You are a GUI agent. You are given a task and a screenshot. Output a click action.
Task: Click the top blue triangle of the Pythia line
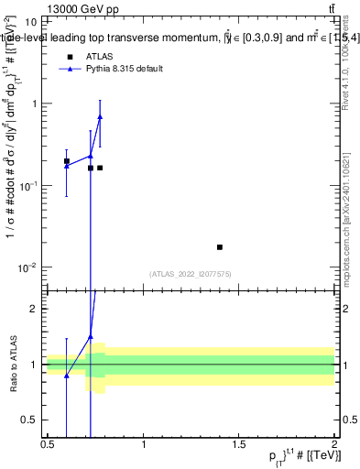100,116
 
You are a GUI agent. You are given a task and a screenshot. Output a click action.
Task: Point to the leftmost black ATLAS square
66,161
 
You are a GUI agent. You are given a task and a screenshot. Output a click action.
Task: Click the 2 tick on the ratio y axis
34,309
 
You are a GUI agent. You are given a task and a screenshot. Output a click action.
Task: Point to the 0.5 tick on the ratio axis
30,420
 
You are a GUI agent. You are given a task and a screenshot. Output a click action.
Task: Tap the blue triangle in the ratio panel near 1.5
91,336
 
